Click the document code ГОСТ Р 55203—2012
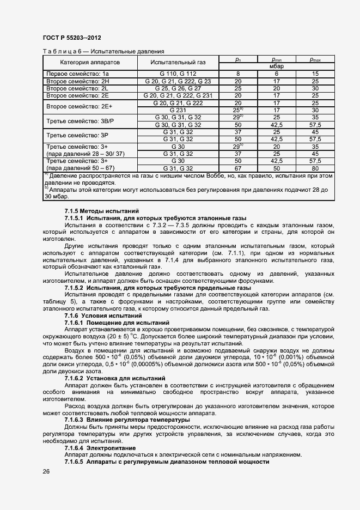72,38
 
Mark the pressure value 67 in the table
237,169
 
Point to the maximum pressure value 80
315,169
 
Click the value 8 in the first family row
237,74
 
